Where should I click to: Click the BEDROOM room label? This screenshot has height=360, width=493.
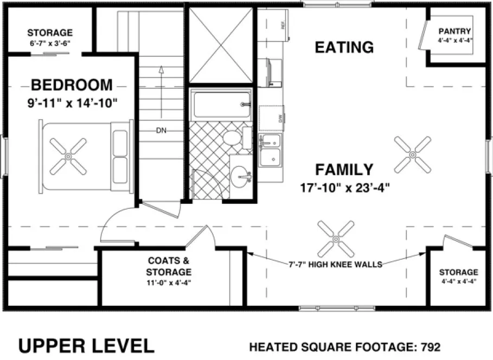coord(72,85)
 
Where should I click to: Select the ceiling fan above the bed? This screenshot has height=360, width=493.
coord(68,156)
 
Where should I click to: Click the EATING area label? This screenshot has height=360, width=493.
coord(344,47)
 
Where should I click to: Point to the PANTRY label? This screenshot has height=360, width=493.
coord(454,31)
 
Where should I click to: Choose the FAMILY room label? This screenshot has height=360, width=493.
coord(344,170)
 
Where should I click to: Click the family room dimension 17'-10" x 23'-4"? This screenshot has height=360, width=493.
coord(345,188)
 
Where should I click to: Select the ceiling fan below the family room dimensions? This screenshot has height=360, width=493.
coord(336,239)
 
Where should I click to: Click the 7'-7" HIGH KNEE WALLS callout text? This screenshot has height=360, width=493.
coord(335,265)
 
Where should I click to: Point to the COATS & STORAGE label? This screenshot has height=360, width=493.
coord(169,267)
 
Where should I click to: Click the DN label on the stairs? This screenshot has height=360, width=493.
coord(161,131)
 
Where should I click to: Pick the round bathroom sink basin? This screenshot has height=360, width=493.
coord(241,176)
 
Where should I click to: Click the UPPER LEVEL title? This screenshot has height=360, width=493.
coord(86,345)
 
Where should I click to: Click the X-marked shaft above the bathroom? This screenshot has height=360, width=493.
coord(220,45)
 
